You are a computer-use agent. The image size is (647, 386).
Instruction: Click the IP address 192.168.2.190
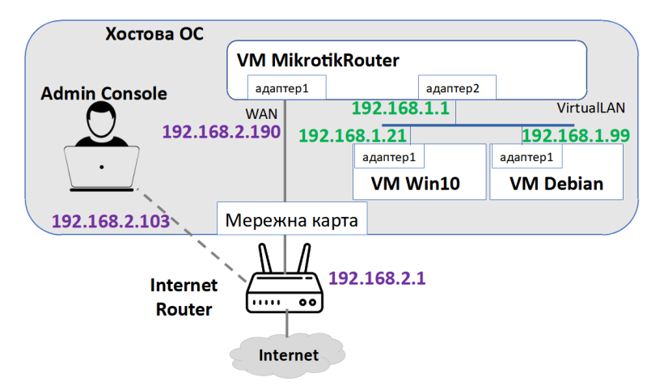[222, 132]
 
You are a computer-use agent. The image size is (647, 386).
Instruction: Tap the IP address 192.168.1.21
[353, 134]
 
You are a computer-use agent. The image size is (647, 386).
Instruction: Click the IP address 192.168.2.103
[111, 220]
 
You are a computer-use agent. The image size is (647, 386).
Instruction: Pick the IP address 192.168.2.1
[377, 278]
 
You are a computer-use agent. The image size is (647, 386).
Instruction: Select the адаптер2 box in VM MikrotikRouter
[456, 87]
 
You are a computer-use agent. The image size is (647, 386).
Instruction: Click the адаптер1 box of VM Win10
[389, 156]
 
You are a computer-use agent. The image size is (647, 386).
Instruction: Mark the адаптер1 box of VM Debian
[526, 156]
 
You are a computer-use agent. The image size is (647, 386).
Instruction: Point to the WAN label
[257, 114]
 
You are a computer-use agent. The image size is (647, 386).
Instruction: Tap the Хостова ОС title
[154, 35]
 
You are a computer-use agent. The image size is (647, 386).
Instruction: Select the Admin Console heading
[104, 94]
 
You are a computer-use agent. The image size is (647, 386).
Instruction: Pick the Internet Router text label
[184, 297]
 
